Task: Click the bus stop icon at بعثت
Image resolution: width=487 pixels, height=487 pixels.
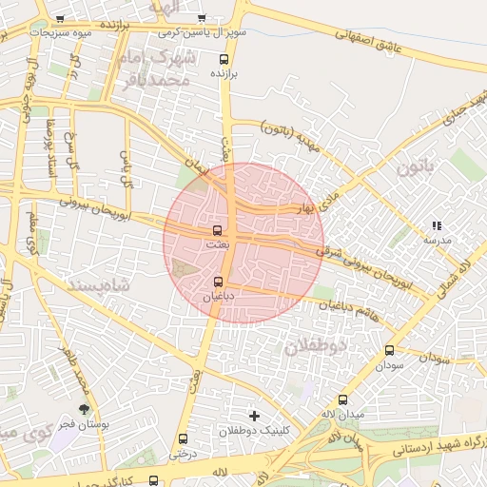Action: coord(218,230)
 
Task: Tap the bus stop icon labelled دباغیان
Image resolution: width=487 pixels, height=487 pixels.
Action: coord(220,282)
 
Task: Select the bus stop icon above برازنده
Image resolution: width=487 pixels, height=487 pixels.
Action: coord(224,58)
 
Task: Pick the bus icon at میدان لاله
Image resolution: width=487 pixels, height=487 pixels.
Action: coord(342,399)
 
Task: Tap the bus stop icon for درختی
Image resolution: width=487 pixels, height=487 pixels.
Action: coord(183,439)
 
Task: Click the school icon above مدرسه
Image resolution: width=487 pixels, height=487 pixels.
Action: coord(437,225)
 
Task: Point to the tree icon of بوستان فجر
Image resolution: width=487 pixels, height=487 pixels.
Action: coord(85,408)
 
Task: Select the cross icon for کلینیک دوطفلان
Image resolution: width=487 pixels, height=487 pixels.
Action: coord(253,416)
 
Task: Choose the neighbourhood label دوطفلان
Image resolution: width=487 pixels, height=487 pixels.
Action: coord(317,347)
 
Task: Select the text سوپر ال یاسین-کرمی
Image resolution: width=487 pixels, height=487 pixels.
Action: coord(202,31)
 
